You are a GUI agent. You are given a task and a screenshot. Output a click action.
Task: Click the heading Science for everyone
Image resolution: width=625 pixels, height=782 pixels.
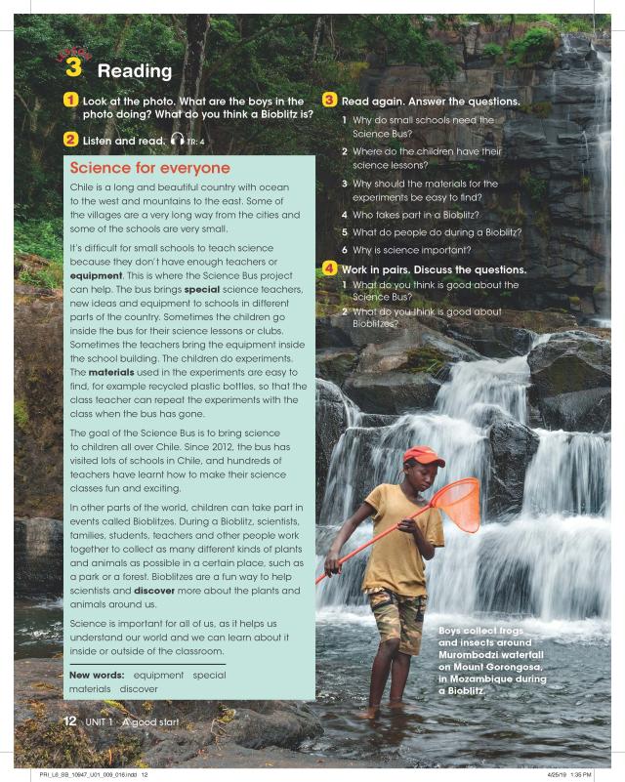(x=149, y=168)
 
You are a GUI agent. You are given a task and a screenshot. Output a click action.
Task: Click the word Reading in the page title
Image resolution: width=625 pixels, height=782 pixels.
(x=135, y=71)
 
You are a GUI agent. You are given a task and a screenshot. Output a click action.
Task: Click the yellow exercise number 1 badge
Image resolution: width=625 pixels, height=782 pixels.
(x=71, y=101)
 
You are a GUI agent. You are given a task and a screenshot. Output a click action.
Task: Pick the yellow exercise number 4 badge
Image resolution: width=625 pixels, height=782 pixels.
(x=330, y=268)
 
